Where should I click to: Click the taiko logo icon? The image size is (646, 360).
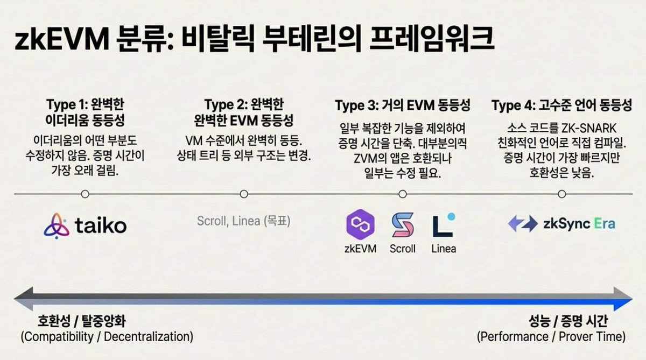tap(57, 225)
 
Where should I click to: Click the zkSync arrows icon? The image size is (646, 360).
tap(522, 224)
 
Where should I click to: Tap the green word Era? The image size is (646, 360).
tap(604, 224)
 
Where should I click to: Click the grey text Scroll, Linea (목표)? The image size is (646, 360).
tap(243, 221)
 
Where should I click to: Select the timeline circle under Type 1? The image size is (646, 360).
tap(85, 194)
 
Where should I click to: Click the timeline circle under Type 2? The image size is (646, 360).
tap(244, 194)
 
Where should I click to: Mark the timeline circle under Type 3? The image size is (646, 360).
tap(403, 194)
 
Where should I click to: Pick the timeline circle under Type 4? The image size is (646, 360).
tap(562, 194)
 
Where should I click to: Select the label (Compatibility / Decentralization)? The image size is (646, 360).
tap(107, 337)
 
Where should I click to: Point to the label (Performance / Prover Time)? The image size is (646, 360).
tap(551, 337)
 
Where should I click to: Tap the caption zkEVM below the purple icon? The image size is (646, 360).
tap(360, 249)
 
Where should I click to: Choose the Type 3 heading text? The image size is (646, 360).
tap(403, 105)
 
